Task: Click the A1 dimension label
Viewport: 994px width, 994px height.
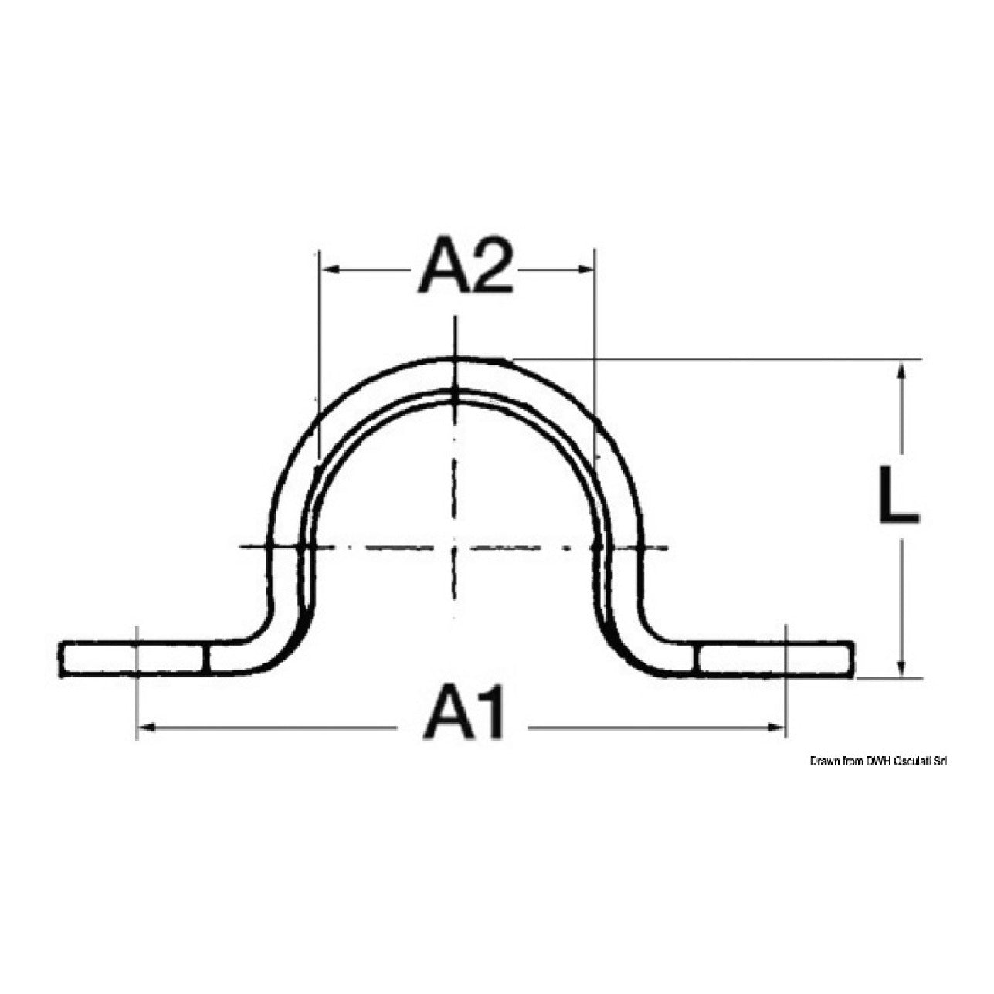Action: (463, 715)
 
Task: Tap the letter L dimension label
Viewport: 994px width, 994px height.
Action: (899, 494)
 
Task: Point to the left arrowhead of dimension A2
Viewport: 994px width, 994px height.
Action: (330, 269)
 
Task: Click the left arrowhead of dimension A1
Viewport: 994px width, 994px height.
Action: (147, 728)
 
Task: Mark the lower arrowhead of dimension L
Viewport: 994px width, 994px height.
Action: (901, 667)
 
